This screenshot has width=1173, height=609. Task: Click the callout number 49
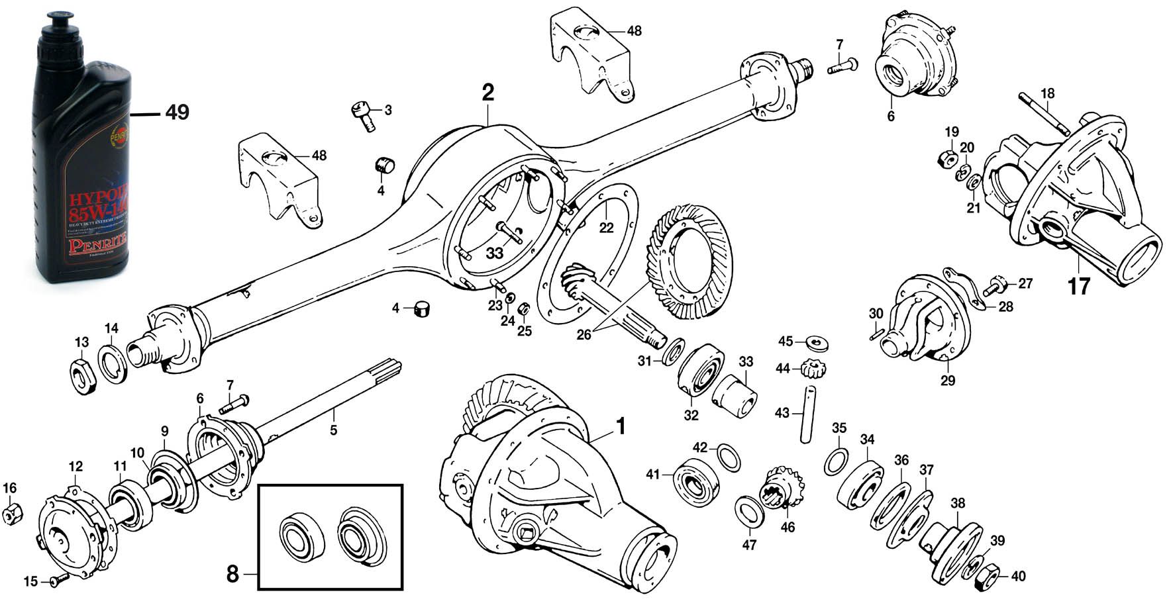point(177,113)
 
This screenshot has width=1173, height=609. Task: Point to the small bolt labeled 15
point(54,581)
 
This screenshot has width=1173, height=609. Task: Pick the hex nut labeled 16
point(12,513)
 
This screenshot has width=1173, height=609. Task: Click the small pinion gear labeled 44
point(813,367)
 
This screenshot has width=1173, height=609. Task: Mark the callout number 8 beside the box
point(232,575)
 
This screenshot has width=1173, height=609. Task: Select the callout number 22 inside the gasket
point(606,228)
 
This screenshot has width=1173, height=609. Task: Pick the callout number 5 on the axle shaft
point(333,430)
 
